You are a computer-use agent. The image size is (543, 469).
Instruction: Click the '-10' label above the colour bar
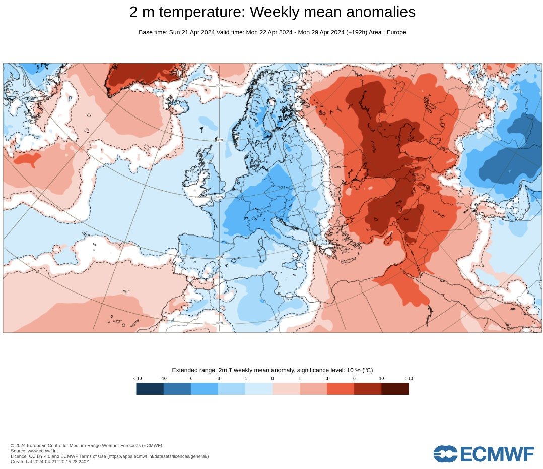[164, 378]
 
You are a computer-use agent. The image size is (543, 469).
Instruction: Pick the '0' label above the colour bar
[273, 378]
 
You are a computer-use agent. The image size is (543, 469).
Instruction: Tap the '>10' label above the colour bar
[409, 378]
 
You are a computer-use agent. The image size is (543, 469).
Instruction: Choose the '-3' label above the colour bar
[218, 378]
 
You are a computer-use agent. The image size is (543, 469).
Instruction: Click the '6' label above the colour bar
[354, 378]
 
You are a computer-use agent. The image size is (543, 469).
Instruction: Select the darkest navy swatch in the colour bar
[150, 389]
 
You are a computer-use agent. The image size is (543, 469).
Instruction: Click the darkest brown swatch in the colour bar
[395, 389]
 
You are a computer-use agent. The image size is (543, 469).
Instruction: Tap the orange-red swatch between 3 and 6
[341, 389]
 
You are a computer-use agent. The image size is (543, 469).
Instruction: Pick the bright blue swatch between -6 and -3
[205, 389]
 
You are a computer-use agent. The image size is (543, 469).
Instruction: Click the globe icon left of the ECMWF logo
[445, 454]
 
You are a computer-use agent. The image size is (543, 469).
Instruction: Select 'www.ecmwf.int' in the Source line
[43, 451]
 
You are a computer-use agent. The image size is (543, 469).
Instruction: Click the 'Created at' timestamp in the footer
[49, 461]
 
